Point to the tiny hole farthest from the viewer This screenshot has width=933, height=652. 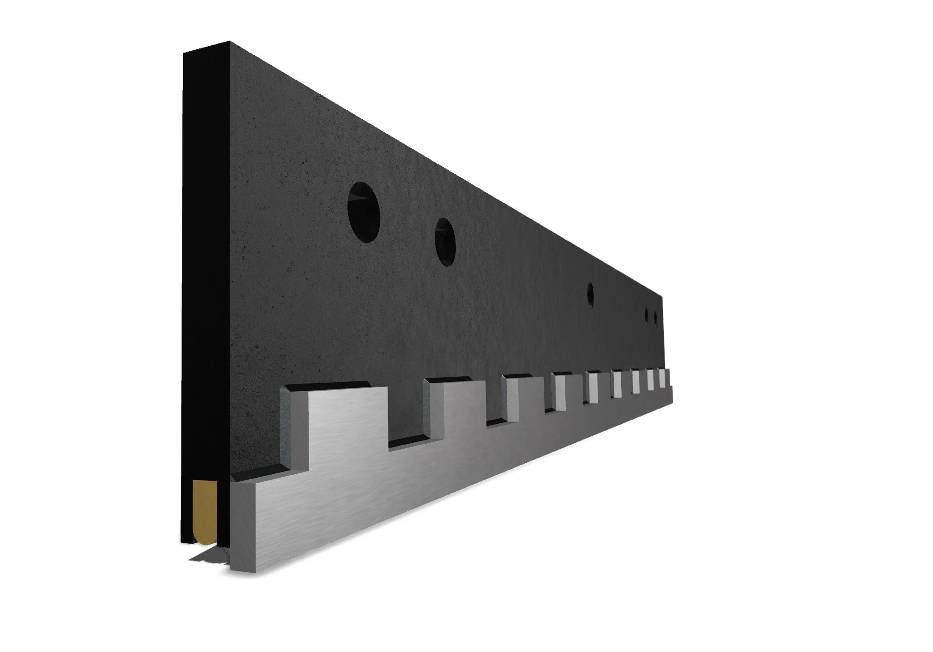point(656,319)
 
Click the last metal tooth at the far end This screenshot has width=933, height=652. point(663,378)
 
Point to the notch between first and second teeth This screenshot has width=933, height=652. point(409,441)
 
